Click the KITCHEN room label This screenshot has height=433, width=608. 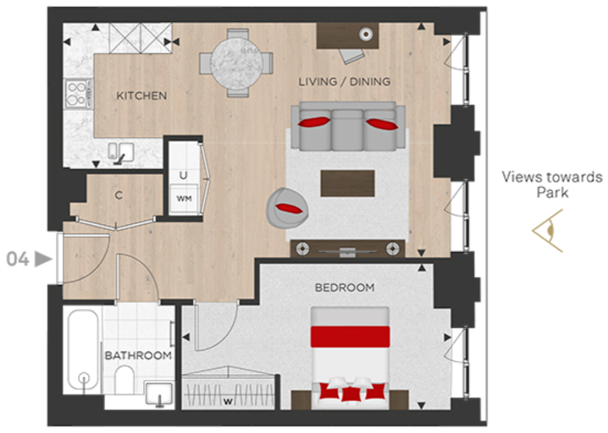point(142,96)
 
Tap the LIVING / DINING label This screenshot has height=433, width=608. point(344,82)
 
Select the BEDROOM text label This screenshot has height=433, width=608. point(344,288)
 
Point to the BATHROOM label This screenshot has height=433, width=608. point(138,356)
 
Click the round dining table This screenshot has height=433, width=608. point(236,63)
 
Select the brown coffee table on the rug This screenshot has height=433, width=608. point(348,183)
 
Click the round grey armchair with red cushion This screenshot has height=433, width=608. point(286,205)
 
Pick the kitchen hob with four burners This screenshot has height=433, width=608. point(77,94)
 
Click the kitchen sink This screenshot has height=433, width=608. point(120,151)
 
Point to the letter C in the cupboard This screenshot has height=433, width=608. point(119,196)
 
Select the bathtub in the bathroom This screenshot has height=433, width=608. point(83,350)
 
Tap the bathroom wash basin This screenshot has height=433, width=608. point(159,393)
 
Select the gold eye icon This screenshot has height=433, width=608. point(549,230)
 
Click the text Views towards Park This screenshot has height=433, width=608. point(552,185)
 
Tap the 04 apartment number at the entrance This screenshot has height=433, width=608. point(18,259)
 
